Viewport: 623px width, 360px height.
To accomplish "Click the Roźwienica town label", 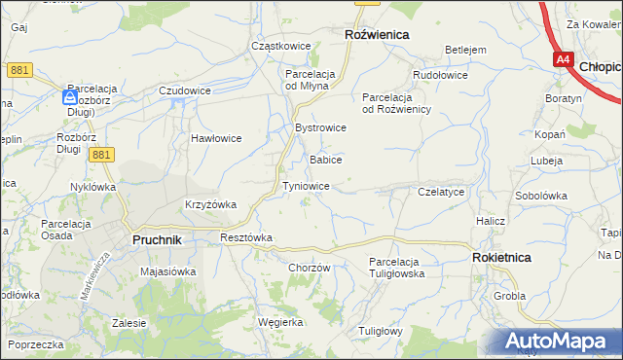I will [x=377, y=34].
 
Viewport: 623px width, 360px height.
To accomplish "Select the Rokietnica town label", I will [x=501, y=258].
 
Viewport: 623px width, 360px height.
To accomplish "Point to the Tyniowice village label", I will [x=311, y=186].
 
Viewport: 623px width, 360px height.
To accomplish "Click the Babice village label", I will [x=325, y=160].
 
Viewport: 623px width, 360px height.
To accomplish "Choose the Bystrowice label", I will [x=320, y=128].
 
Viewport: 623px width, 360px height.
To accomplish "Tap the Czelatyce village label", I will [x=440, y=193].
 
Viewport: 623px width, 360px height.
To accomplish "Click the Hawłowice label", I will [x=215, y=138].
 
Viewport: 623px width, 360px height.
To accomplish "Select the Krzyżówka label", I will [x=211, y=204].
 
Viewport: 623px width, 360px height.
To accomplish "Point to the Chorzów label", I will [x=311, y=269].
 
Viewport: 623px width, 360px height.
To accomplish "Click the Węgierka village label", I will [x=280, y=322].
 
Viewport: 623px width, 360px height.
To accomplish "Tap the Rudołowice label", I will [x=440, y=75].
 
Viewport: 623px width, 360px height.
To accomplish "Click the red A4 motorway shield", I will [x=563, y=60].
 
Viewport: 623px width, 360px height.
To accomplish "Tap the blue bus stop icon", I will [x=70, y=97].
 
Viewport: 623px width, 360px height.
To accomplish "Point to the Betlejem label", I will [x=465, y=50].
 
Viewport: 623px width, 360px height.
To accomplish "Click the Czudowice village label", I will [x=185, y=90].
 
